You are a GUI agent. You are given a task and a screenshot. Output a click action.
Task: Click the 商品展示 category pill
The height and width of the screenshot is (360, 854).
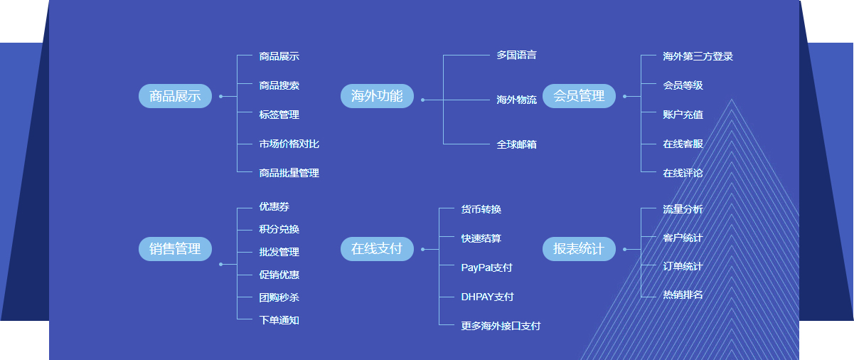click(175, 96)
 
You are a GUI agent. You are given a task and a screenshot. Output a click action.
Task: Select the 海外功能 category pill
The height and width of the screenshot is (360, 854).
click(377, 96)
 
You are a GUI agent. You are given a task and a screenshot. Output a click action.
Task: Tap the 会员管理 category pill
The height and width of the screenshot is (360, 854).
click(579, 96)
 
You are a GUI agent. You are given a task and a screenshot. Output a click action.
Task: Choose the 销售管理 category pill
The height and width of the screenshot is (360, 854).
click(175, 249)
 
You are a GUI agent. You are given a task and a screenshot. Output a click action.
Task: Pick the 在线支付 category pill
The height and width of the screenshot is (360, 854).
click(377, 249)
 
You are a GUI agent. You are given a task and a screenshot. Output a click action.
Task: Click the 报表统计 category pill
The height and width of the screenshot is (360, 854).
click(579, 249)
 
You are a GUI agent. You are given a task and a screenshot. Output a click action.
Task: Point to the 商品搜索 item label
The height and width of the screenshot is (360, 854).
click(279, 85)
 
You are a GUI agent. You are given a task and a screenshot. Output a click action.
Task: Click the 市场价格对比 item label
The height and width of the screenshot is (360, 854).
click(289, 144)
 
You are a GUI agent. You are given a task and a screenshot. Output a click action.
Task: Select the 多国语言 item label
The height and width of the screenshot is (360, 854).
click(516, 55)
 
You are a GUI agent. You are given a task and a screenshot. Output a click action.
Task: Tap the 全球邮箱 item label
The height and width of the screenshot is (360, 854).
click(516, 144)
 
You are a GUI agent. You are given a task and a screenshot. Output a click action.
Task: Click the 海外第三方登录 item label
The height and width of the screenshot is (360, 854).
click(698, 56)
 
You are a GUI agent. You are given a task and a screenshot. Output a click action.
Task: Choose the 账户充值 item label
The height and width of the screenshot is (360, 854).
click(683, 115)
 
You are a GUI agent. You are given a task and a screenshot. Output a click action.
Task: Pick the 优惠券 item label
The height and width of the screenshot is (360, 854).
click(274, 207)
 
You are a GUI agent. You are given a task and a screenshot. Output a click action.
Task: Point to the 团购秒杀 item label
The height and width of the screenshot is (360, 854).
click(279, 297)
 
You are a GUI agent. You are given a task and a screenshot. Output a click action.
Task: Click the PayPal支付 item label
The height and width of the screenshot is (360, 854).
click(486, 268)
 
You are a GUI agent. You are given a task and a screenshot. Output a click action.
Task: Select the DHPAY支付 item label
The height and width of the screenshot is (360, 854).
click(487, 297)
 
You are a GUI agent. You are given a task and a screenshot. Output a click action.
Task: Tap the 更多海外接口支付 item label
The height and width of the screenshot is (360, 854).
click(501, 326)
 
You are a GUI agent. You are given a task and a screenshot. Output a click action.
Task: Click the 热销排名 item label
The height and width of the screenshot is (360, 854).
click(683, 295)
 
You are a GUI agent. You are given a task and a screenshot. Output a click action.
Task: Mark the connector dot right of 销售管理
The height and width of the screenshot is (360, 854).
click(221, 264)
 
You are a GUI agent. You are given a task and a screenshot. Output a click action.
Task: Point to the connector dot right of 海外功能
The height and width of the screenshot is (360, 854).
click(423, 100)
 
